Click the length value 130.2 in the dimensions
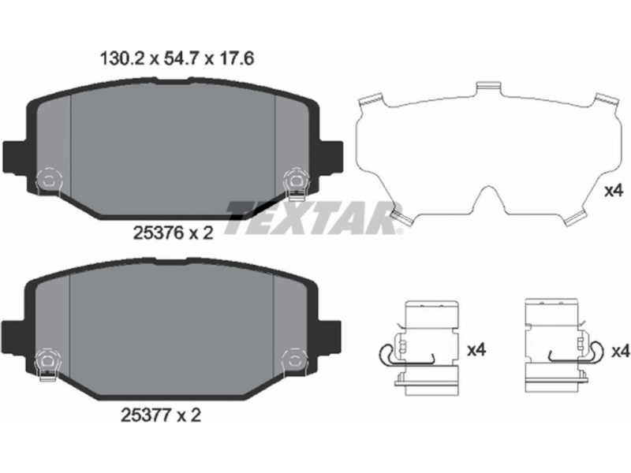122,59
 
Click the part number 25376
159,233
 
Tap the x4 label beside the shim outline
614,191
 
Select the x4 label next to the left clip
476,350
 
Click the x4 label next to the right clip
620,352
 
